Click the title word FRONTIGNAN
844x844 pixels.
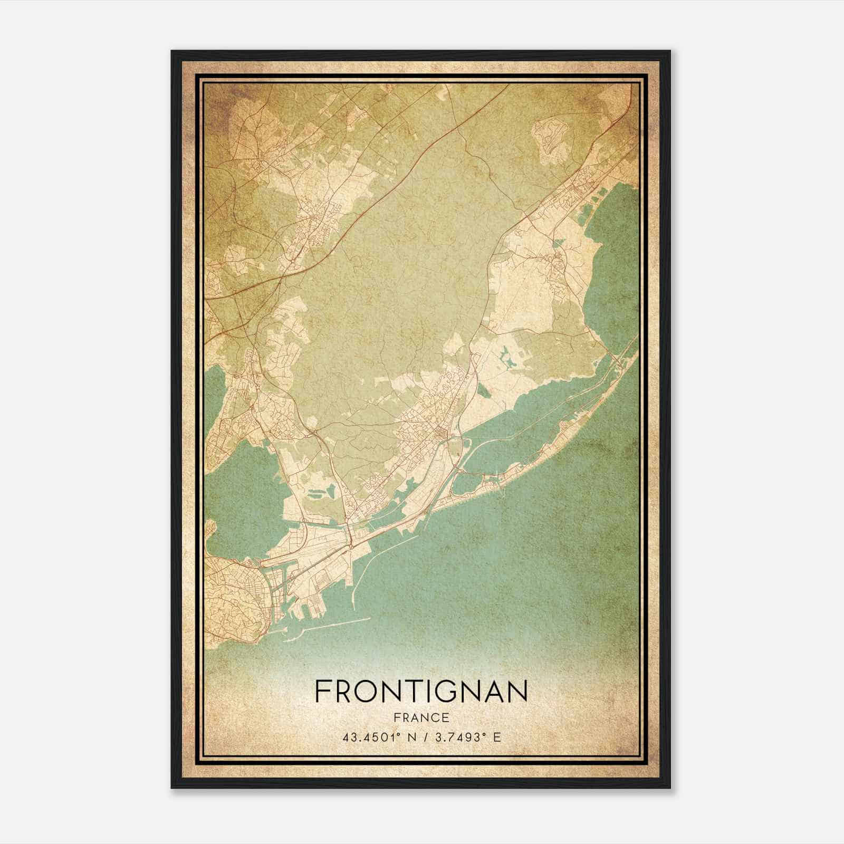tap(420, 691)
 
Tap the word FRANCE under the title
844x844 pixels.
tap(420, 717)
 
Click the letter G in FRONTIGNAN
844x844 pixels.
tap(440, 691)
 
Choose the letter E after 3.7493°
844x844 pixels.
tap(496, 737)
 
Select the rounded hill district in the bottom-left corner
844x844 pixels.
tap(232, 601)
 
